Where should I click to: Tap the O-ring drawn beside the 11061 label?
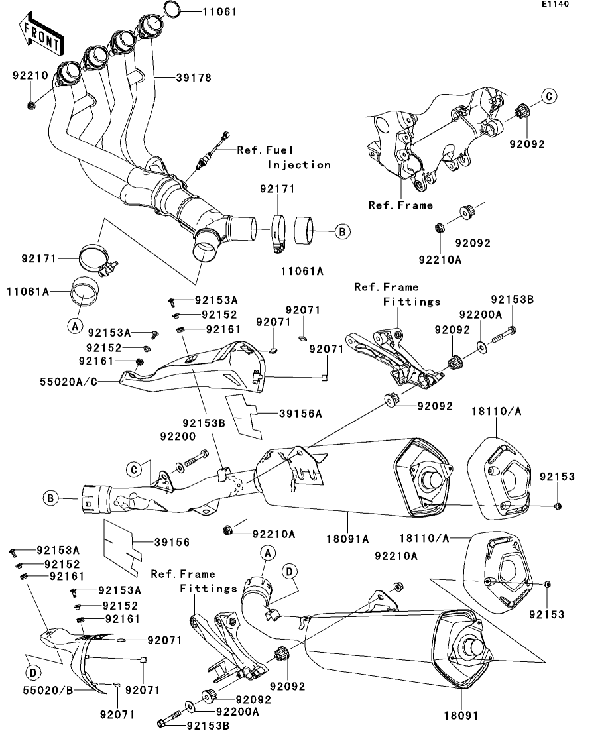(170, 9)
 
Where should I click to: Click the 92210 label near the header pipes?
(30, 76)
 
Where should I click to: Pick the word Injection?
(299, 164)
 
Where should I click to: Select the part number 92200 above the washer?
(176, 437)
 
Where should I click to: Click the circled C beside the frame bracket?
(549, 97)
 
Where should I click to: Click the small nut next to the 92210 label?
(31, 105)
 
